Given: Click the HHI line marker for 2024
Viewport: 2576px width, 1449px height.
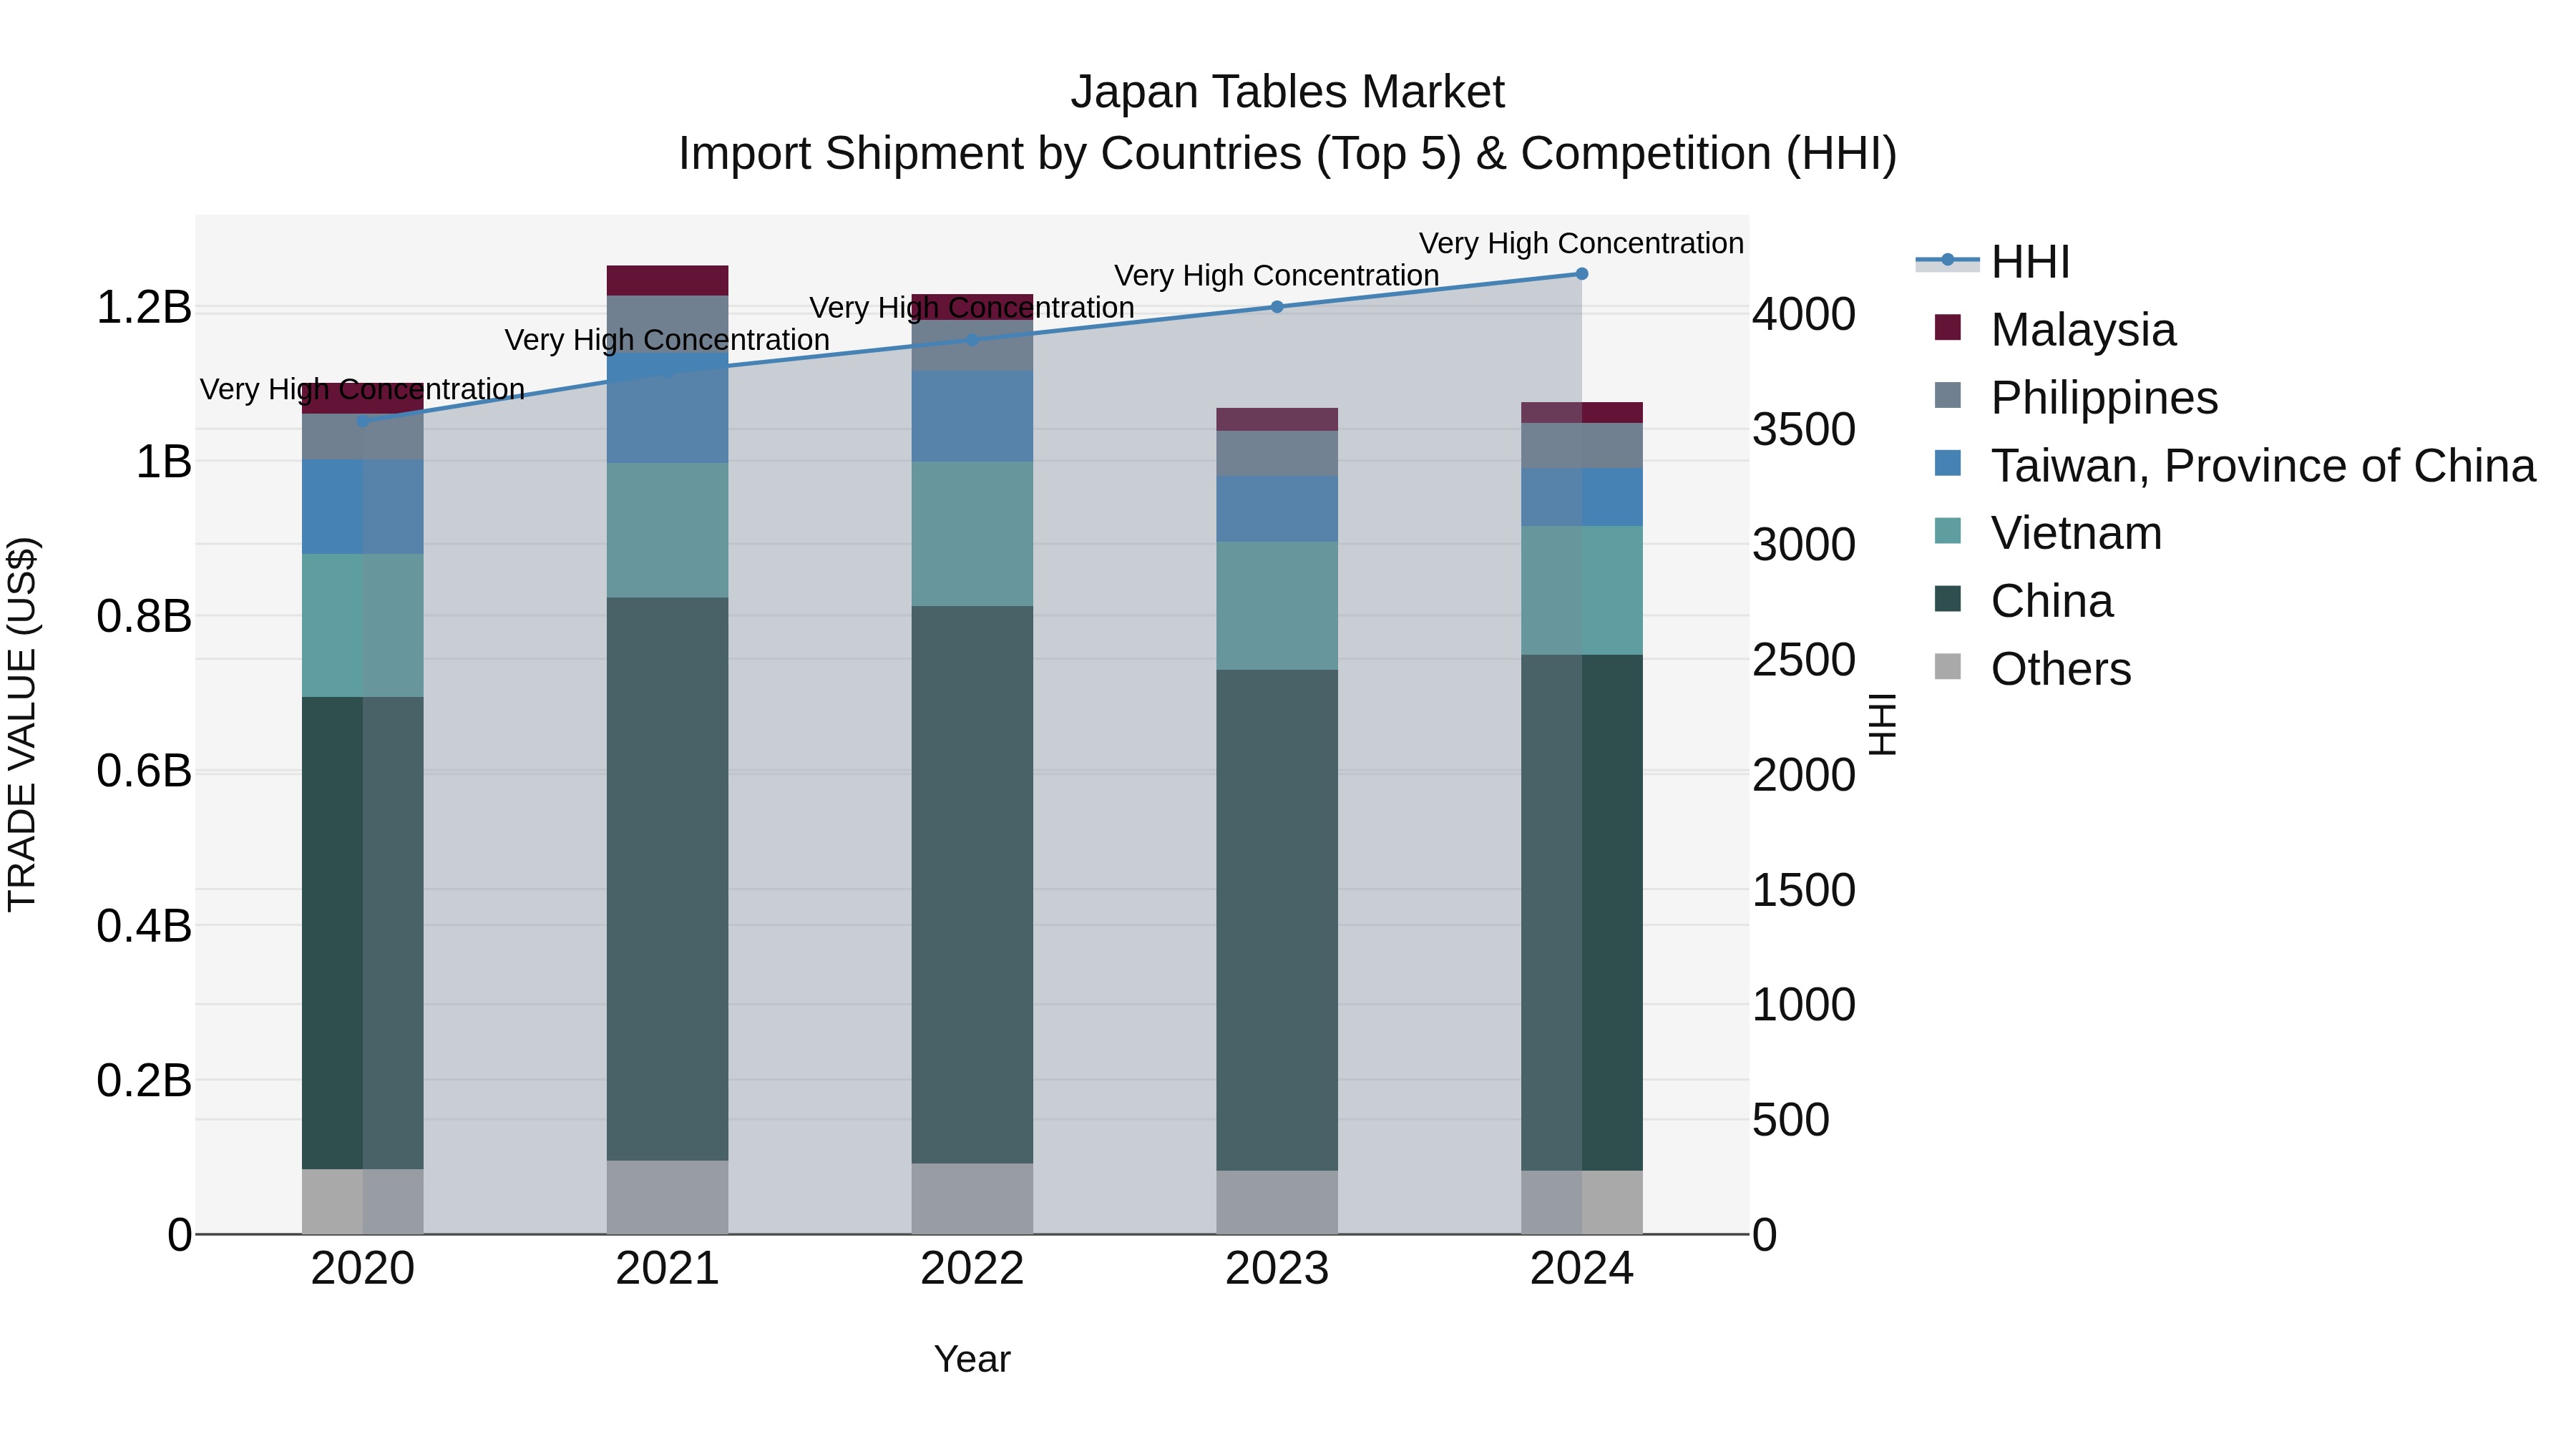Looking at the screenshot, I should point(1581,274).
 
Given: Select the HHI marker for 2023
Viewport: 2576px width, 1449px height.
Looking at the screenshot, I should point(1277,307).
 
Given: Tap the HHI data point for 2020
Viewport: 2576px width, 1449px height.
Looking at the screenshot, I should point(363,421).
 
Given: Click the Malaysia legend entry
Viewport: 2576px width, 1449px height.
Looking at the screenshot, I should point(2082,330).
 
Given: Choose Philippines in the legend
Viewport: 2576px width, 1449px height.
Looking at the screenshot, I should point(2103,398).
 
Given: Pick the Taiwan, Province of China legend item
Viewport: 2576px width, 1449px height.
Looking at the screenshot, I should point(2262,466).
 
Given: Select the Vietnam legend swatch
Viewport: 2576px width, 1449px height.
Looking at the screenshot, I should point(1948,531).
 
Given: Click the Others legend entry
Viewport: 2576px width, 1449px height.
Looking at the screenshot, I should point(2060,669).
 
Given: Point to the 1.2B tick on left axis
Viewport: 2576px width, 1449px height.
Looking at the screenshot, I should point(144,307).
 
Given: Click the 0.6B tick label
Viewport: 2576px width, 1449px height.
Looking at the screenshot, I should point(144,771).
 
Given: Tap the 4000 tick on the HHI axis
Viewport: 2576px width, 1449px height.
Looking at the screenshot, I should point(1803,314).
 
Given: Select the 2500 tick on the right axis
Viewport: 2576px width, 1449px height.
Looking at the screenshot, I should point(1803,660).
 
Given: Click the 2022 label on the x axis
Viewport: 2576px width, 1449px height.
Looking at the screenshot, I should point(972,1269).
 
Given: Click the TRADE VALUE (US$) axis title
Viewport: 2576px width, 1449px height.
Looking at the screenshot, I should point(22,724).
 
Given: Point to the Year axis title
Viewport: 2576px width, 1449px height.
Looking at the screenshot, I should point(972,1359).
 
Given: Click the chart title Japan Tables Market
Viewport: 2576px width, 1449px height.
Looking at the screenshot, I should point(1287,92).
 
